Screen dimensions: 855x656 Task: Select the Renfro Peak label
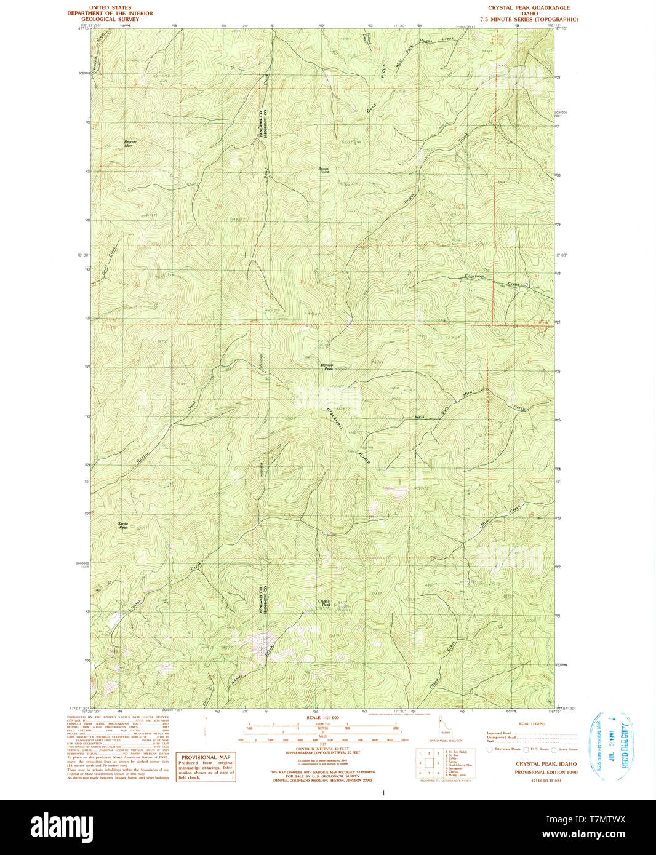[327, 367]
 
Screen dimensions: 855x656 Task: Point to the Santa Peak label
[123, 525]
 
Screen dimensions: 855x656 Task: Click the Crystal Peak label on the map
[324, 603]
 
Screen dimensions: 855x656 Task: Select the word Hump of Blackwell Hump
[364, 456]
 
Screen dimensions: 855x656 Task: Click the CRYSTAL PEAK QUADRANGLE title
[529, 8]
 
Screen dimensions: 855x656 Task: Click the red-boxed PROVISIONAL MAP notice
[206, 767]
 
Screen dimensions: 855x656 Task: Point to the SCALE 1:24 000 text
[322, 718]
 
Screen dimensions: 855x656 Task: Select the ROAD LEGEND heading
[532, 724]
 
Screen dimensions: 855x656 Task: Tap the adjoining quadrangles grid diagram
[428, 763]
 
